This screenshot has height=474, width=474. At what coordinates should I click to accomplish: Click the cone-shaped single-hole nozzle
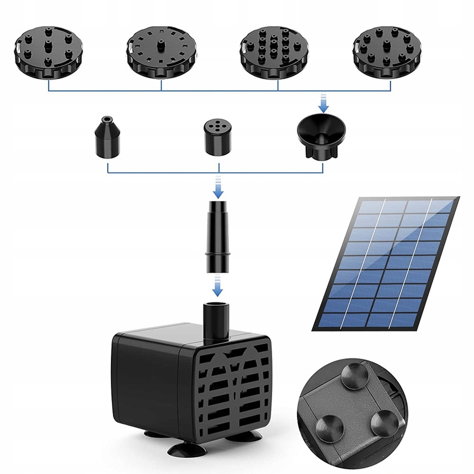(108, 138)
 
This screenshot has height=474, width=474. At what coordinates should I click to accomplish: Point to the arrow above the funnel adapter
(323, 102)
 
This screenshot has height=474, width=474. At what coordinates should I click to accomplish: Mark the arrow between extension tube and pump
(218, 285)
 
